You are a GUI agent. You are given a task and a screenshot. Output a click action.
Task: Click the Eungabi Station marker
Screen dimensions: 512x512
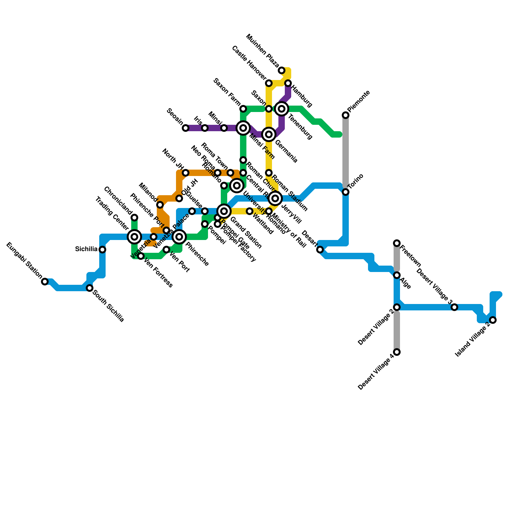(x=45, y=282)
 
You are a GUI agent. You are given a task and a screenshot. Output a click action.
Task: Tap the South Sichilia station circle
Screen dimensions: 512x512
(x=90, y=288)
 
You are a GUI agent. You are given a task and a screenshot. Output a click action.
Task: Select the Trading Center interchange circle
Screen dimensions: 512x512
(x=134, y=237)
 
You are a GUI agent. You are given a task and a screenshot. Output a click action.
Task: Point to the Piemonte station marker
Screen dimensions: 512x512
(x=346, y=115)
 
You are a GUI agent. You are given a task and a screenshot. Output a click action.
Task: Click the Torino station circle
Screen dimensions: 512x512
(x=346, y=192)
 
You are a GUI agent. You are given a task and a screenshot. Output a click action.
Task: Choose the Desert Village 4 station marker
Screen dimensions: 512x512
(x=397, y=352)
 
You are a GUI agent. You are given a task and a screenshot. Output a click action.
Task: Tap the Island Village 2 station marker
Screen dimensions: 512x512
(x=493, y=320)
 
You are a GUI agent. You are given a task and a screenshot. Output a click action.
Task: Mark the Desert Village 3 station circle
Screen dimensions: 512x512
(x=454, y=307)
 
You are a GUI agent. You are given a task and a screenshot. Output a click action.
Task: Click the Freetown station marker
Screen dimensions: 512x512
(x=397, y=243)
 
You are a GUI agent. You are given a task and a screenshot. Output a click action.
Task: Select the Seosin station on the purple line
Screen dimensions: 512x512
(x=186, y=128)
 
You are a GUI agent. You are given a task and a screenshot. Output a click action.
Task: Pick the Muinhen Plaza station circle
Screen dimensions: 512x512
(x=282, y=70)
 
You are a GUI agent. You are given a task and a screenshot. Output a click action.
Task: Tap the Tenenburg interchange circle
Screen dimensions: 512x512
(x=282, y=109)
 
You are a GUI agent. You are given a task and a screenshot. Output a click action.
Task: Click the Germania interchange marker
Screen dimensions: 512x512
(x=269, y=134)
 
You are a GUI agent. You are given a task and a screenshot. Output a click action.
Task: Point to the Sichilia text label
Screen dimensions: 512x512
(x=86, y=249)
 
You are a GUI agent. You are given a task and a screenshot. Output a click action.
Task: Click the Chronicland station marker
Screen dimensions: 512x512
(x=134, y=218)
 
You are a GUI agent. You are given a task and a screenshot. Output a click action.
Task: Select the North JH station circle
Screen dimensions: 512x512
(x=186, y=173)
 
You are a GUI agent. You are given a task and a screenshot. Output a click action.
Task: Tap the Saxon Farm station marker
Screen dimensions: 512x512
(x=243, y=109)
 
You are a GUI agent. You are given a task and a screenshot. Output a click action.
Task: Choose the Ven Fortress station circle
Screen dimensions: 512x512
(x=141, y=256)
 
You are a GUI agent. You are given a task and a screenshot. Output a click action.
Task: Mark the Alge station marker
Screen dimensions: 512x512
(x=397, y=275)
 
